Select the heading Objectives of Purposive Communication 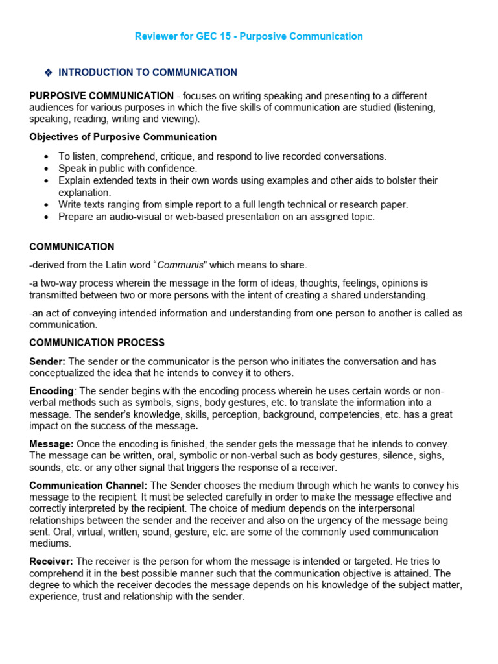123,137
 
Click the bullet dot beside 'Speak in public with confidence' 46,169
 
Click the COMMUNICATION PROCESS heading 97,342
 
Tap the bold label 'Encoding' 51,391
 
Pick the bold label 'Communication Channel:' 88,485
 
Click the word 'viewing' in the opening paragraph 178,119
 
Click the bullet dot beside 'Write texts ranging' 46,205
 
